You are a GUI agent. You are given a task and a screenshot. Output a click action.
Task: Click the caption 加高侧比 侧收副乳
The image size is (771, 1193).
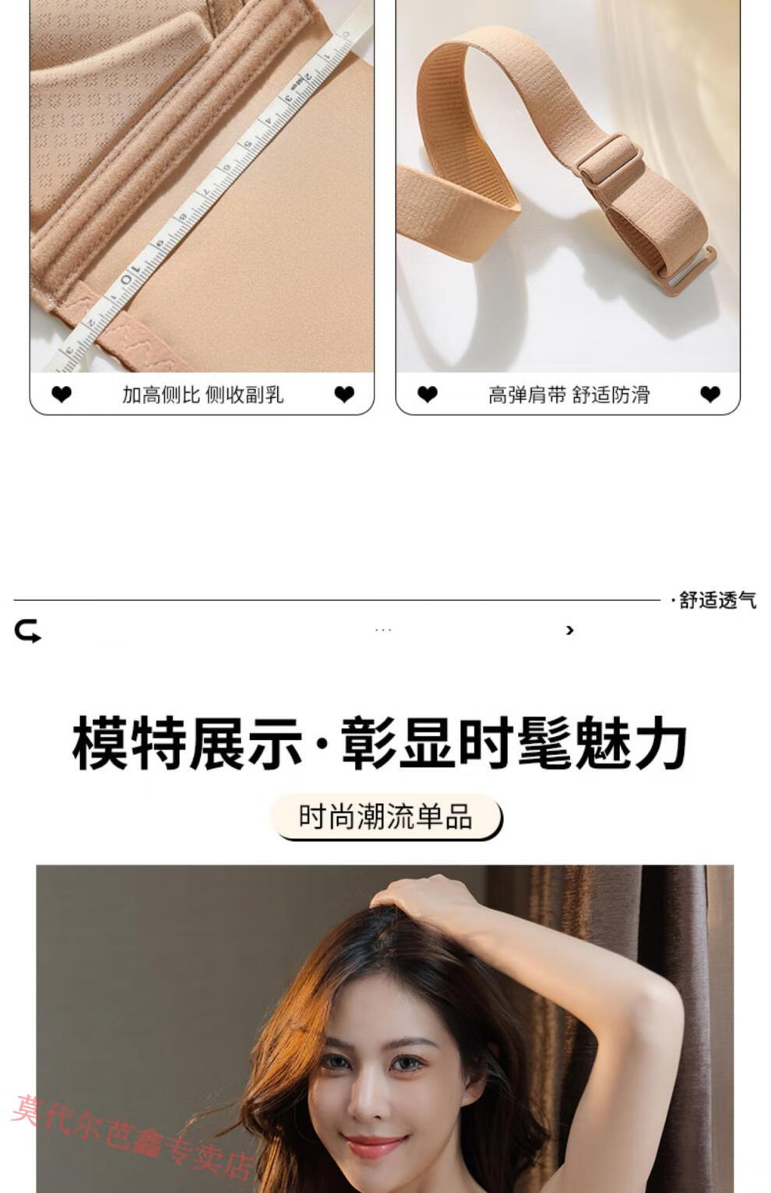click(202, 395)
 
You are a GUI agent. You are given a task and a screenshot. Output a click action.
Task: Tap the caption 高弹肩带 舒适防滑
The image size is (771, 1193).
click(569, 395)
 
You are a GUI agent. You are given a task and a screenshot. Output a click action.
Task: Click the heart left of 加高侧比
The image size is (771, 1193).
click(62, 395)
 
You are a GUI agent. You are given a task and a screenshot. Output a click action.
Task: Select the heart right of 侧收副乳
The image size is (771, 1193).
click(344, 395)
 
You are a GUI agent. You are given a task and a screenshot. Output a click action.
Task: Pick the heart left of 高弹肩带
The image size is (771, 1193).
click(428, 395)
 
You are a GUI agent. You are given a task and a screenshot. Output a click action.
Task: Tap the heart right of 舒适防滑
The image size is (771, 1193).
click(710, 395)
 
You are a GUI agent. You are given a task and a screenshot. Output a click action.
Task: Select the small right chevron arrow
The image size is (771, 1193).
click(569, 630)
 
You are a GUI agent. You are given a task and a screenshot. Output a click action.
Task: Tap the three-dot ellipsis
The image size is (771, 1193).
click(383, 630)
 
